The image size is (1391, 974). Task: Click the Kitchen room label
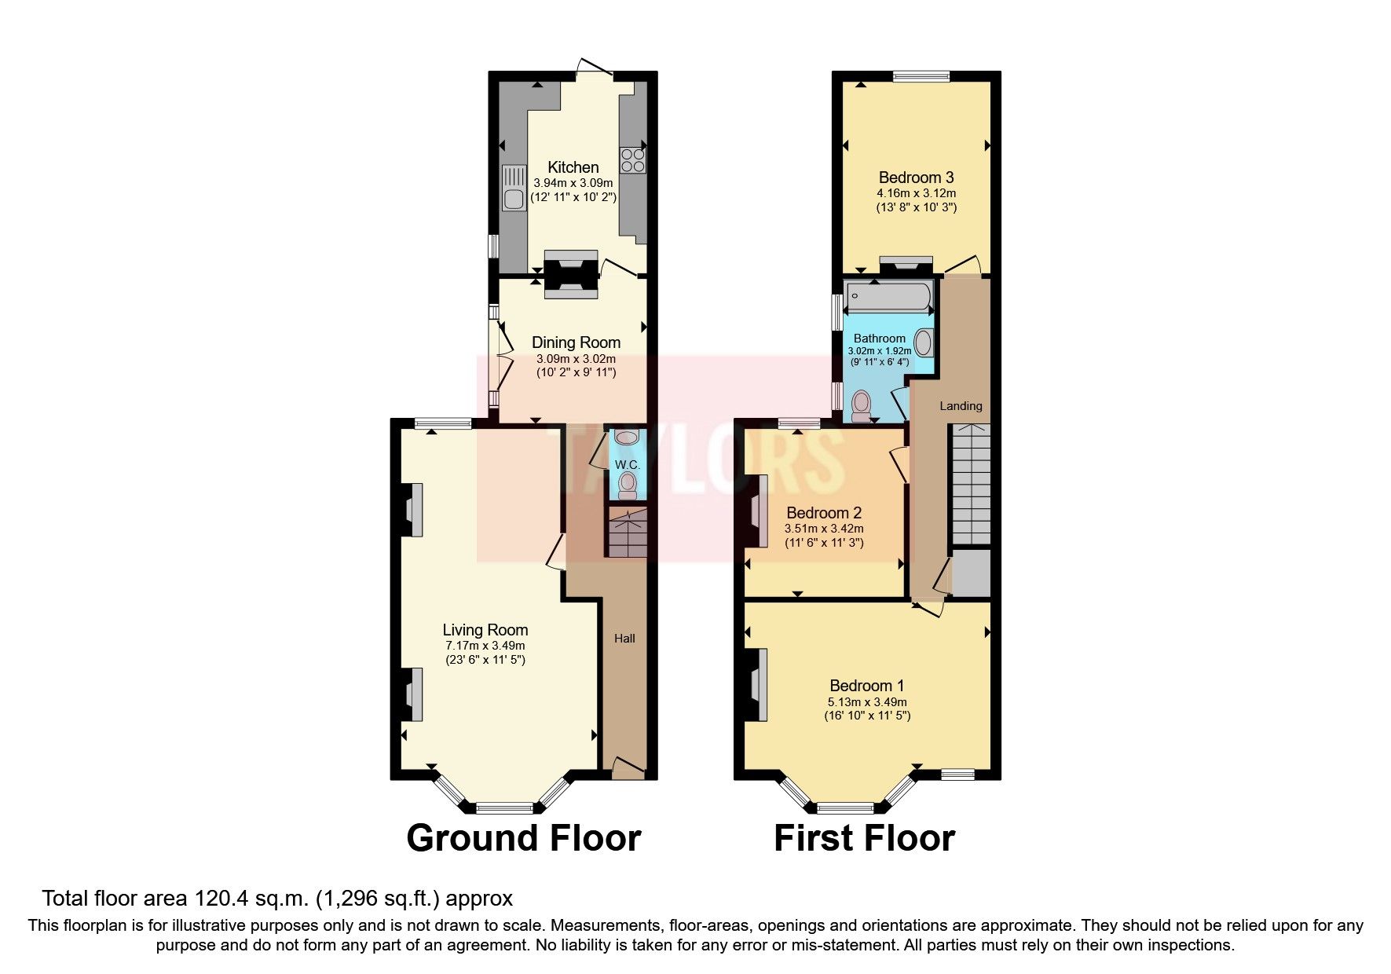coord(573,167)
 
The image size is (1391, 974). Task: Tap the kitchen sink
coord(514,189)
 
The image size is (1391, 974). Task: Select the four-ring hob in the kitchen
coord(632,160)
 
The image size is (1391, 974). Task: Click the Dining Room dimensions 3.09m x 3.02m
coord(576,358)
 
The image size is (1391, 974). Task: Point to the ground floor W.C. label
coord(627,465)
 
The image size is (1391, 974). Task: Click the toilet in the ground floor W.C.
coord(627,485)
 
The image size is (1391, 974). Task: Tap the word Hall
coord(624,639)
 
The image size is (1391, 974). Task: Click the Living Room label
coord(485,630)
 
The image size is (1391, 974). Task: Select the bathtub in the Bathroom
coord(888,298)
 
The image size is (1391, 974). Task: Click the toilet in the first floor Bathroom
coord(862,405)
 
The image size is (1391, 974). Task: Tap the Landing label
coord(961,406)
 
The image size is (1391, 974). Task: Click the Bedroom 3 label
coord(916,178)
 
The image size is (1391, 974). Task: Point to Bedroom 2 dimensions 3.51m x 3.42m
coord(824,529)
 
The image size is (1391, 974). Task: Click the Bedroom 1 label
coord(866,686)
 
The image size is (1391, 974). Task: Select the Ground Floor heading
coord(523,838)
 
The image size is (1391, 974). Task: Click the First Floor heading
coord(864,838)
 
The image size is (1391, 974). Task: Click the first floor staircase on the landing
coord(971,483)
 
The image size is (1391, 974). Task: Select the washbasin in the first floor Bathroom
coord(924,343)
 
